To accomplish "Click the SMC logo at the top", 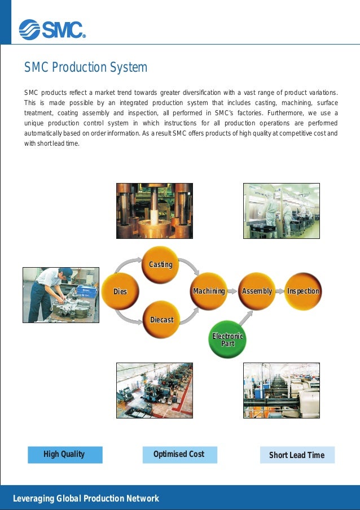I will [x=52, y=29].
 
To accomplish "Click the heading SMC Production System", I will [x=85, y=68].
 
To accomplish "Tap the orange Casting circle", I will [x=160, y=264].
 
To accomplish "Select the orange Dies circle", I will [x=120, y=291].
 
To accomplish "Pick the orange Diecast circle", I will [x=161, y=320].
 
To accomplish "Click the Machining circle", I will [x=209, y=291].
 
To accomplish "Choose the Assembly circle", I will [x=257, y=291].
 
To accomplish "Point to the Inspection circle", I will [x=303, y=291].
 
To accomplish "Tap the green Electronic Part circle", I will [x=227, y=339].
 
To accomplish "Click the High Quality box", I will [x=65, y=455].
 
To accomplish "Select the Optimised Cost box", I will [x=179, y=455].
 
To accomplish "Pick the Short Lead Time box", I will [x=297, y=455].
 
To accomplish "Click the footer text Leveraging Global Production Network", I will [x=86, y=499].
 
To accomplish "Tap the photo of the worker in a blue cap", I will [x=60, y=295].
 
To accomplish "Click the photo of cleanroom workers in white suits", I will [x=281, y=211].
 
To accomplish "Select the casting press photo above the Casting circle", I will [x=154, y=211].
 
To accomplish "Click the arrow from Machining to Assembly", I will [x=232, y=291].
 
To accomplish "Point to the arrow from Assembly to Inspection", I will [x=280, y=291].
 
